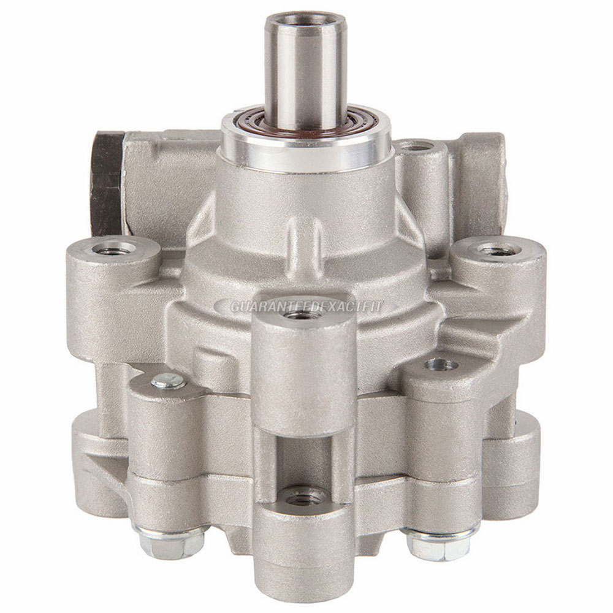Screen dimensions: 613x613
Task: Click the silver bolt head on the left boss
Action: (169, 381)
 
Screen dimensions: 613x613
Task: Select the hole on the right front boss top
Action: (441, 365)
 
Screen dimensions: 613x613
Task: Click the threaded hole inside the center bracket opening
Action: (303, 494)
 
